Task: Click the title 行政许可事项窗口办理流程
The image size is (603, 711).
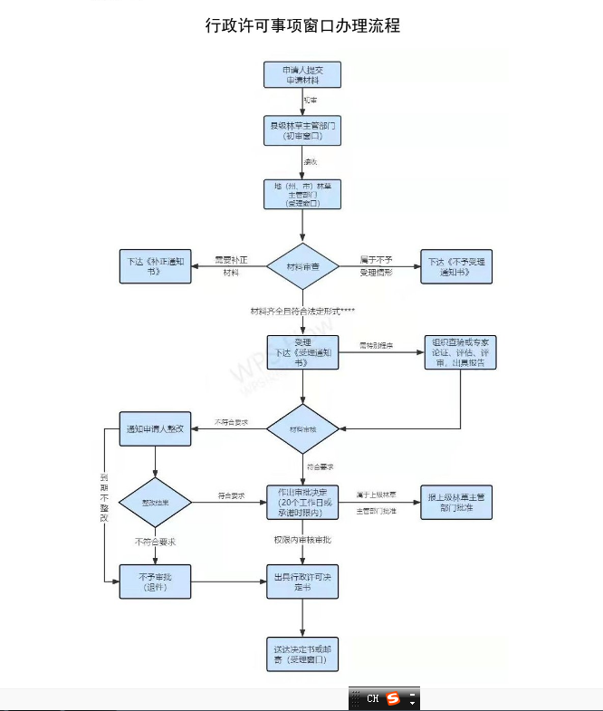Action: (x=302, y=25)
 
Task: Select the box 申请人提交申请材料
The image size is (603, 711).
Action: (x=302, y=75)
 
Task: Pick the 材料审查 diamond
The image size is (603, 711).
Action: (x=302, y=267)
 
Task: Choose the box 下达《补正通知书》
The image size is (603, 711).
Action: (x=156, y=266)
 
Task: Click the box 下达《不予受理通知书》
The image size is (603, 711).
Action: (x=456, y=266)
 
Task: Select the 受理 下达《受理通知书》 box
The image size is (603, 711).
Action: (x=302, y=351)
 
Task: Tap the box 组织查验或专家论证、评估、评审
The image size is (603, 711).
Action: (x=461, y=351)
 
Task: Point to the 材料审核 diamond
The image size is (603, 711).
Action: (x=302, y=428)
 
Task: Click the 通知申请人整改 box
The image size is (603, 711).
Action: (x=156, y=428)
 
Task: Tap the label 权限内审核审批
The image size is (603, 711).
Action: (x=302, y=540)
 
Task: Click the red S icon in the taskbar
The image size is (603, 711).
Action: (x=392, y=699)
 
